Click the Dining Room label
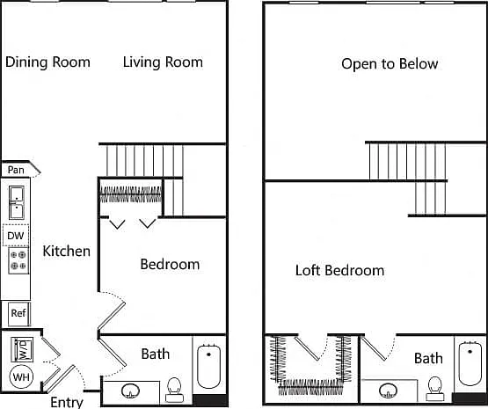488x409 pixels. click(x=48, y=62)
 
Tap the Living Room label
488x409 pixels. click(x=163, y=62)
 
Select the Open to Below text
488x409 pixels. click(x=390, y=64)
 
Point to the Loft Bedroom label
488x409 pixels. click(x=339, y=270)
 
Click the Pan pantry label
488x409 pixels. click(x=16, y=170)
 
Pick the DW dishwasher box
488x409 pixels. click(x=16, y=236)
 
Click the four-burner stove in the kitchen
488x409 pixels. click(x=18, y=260)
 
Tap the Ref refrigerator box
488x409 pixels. click(x=18, y=313)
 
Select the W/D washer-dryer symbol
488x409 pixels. click(x=22, y=349)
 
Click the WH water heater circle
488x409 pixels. click(x=21, y=377)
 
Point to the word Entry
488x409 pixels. click(x=67, y=402)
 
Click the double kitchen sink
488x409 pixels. click(x=17, y=202)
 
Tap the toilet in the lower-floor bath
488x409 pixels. click(x=174, y=390)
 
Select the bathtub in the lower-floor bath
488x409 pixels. click(x=209, y=366)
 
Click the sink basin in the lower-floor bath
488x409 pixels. click(x=130, y=391)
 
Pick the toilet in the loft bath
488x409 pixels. click(x=434, y=389)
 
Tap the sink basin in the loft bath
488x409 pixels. click(x=388, y=390)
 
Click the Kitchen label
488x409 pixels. click(x=67, y=252)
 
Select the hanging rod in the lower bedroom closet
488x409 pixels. click(x=131, y=194)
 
